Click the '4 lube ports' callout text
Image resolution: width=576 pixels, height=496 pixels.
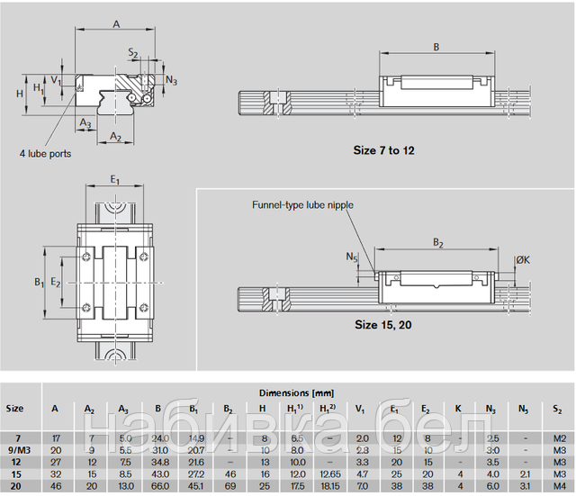[47, 154]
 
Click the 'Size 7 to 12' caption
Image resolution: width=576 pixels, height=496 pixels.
[384, 150]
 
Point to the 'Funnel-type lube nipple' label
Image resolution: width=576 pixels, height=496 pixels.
[302, 205]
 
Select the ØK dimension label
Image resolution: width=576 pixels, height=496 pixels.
[522, 261]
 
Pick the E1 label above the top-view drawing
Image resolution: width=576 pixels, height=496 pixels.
[115, 181]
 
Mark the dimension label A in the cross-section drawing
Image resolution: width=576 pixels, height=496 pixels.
[116, 25]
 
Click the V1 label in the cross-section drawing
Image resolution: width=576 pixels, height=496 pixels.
[56, 80]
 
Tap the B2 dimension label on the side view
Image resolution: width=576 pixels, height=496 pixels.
[438, 242]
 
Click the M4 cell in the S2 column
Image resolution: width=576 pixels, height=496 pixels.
[558, 486]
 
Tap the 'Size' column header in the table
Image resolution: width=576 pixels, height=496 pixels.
[15, 408]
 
